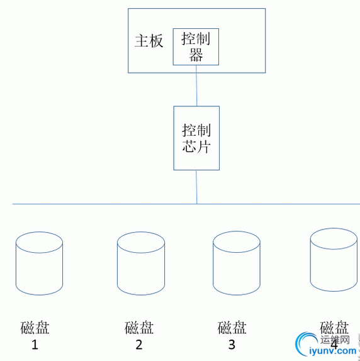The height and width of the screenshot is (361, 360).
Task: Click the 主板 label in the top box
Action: pos(149,42)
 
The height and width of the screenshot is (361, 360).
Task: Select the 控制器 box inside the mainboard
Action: pos(196,47)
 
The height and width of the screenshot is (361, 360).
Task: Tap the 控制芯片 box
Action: pos(196,138)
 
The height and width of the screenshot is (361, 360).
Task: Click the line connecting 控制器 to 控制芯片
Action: pos(196,86)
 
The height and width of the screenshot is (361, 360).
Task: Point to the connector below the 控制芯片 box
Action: pos(196,187)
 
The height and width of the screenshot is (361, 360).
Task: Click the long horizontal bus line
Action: pos(94,204)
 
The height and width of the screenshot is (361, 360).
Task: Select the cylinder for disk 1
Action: pos(39,264)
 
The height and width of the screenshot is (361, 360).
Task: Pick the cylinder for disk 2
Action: pos(141,264)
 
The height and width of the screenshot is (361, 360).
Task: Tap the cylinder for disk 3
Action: pos(237,264)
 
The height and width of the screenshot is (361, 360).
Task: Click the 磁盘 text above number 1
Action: pos(35,328)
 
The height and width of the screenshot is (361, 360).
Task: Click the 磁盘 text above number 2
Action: pos(139,328)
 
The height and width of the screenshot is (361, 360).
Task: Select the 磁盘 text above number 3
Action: pos(232,328)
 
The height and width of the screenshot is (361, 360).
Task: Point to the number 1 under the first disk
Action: pos(35,345)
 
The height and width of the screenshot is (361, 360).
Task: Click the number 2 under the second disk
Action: pos(139,345)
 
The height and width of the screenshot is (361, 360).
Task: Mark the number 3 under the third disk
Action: pos(232,345)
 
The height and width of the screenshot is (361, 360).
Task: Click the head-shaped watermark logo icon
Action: pos(305,345)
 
